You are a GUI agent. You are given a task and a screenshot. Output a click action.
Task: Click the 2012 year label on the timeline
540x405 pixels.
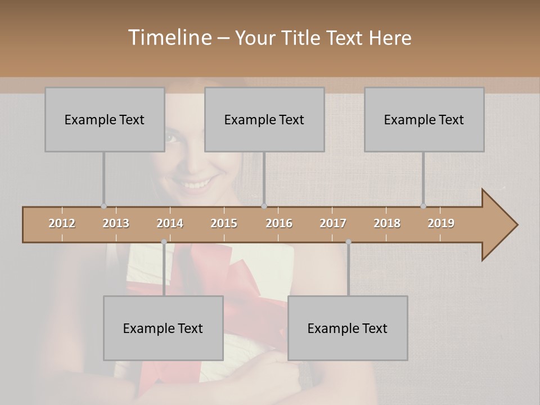coord(62,223)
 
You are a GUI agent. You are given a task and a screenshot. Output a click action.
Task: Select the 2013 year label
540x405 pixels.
coord(116,223)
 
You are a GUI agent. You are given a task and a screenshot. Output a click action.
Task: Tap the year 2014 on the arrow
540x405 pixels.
coord(170,223)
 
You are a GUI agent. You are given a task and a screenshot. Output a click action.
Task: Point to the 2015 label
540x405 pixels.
coord(224,223)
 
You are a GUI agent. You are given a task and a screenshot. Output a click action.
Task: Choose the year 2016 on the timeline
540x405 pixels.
coord(279,223)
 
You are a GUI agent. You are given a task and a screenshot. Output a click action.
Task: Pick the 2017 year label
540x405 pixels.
coord(333,223)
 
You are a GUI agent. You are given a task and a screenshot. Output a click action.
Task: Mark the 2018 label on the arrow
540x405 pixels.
coord(387,223)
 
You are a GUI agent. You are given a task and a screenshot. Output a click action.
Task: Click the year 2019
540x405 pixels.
coord(441,223)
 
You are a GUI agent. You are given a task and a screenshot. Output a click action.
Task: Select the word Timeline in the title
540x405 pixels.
coord(168,38)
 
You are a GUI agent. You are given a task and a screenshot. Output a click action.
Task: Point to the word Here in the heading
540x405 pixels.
coord(390,38)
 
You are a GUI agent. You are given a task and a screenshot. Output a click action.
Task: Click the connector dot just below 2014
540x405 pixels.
coord(164,242)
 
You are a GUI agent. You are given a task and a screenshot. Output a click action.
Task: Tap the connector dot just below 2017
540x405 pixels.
coord(348,242)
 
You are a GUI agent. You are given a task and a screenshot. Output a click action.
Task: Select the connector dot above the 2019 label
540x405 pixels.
coord(424,206)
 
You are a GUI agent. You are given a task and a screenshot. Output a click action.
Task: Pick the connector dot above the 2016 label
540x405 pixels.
coord(264,206)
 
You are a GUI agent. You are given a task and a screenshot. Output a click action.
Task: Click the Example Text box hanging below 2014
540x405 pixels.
coord(163,328)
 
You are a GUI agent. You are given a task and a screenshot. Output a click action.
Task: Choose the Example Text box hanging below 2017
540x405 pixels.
coord(348,328)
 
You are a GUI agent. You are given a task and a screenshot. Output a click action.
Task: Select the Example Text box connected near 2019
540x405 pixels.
coord(424,119)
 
